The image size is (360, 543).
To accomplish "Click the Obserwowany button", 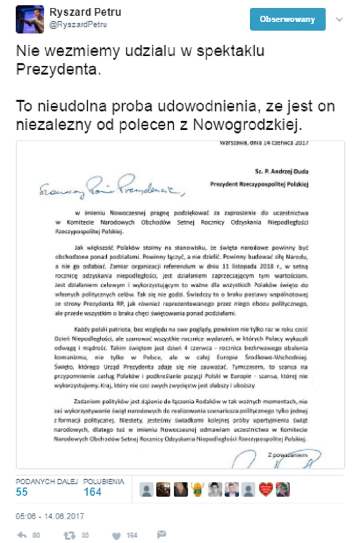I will (x=287, y=19).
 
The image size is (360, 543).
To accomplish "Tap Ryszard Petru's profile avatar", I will (x=30, y=19).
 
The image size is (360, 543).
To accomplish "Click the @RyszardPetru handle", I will (x=78, y=25).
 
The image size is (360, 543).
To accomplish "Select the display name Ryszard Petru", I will (x=85, y=12).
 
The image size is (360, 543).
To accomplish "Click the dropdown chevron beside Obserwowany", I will (x=339, y=19).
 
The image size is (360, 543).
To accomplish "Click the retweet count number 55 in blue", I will (x=22, y=492).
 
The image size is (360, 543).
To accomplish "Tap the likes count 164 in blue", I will (x=92, y=492).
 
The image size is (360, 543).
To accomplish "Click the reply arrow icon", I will (x=22, y=535).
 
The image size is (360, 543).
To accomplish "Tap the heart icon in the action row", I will (x=118, y=535).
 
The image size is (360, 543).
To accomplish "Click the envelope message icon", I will (x=162, y=534).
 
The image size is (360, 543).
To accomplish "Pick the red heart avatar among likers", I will (x=265, y=489).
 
